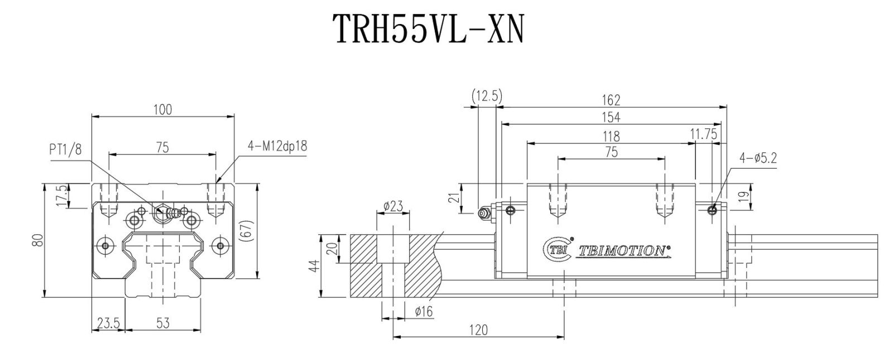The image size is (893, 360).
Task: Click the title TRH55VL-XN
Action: point(428,28)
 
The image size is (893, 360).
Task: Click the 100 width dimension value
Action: point(162,109)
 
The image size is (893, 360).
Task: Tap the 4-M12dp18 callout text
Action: point(278,146)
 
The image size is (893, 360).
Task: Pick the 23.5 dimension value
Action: point(108,323)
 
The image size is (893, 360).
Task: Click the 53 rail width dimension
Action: point(163,323)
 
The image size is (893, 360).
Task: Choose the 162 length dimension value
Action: point(611,100)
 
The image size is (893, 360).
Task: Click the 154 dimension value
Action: point(611,117)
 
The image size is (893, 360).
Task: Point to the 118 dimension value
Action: point(611,136)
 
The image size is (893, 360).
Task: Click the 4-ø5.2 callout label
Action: point(758,158)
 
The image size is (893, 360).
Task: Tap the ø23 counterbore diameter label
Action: point(393,207)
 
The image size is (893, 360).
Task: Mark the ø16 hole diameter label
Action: point(424,311)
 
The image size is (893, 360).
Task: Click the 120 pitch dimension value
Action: point(478,330)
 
